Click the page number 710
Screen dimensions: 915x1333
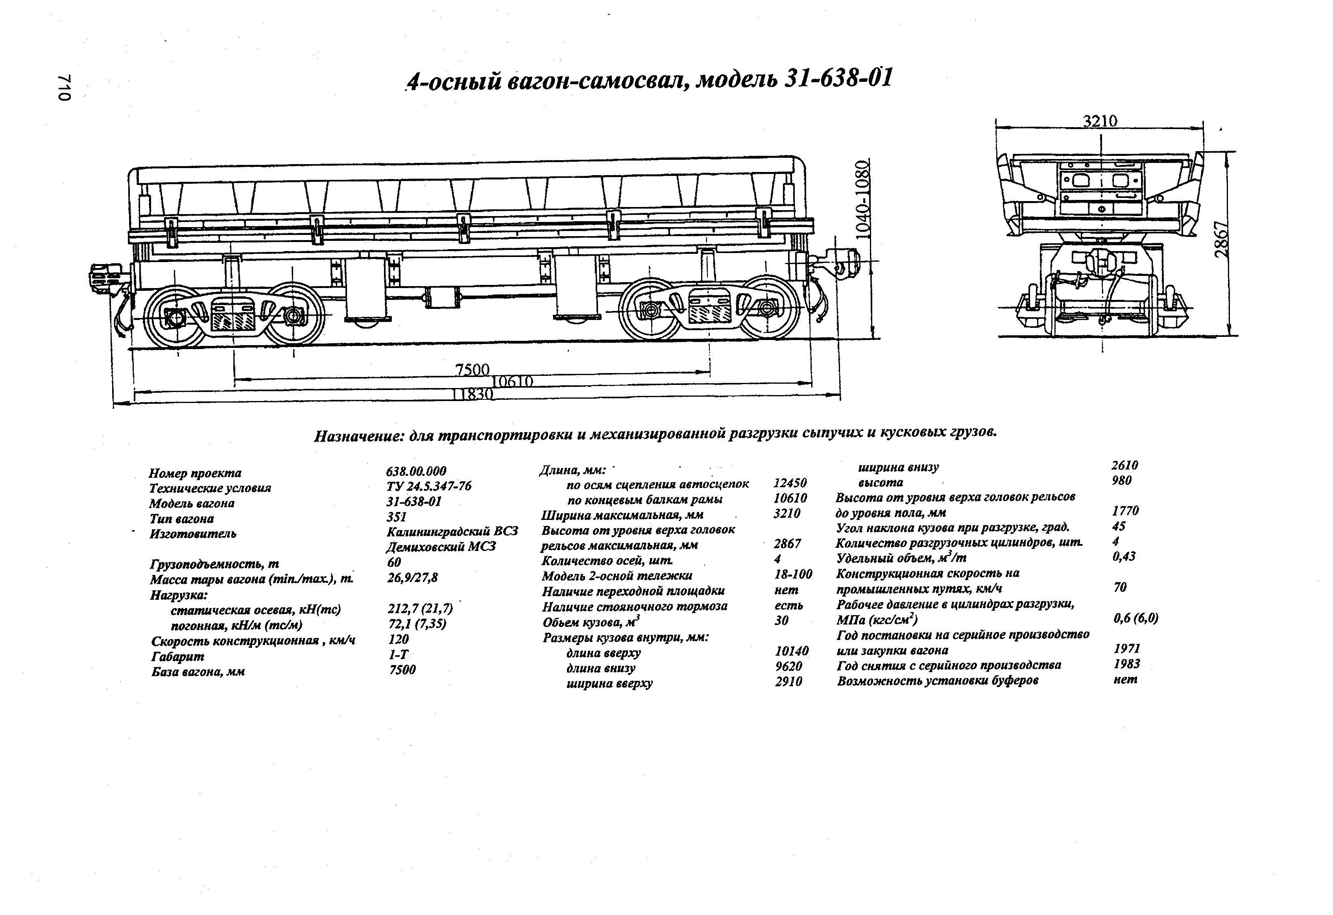[x=64, y=88]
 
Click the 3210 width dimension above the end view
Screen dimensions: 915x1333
[x=1100, y=121]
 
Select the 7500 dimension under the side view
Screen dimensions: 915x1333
[x=472, y=370]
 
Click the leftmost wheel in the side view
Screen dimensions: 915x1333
[x=175, y=316]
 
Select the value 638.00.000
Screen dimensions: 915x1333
[x=416, y=471]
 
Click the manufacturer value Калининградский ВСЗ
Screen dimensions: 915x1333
[x=452, y=531]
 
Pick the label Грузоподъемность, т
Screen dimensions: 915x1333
[x=214, y=564]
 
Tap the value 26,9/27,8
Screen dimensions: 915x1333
[x=412, y=578]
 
